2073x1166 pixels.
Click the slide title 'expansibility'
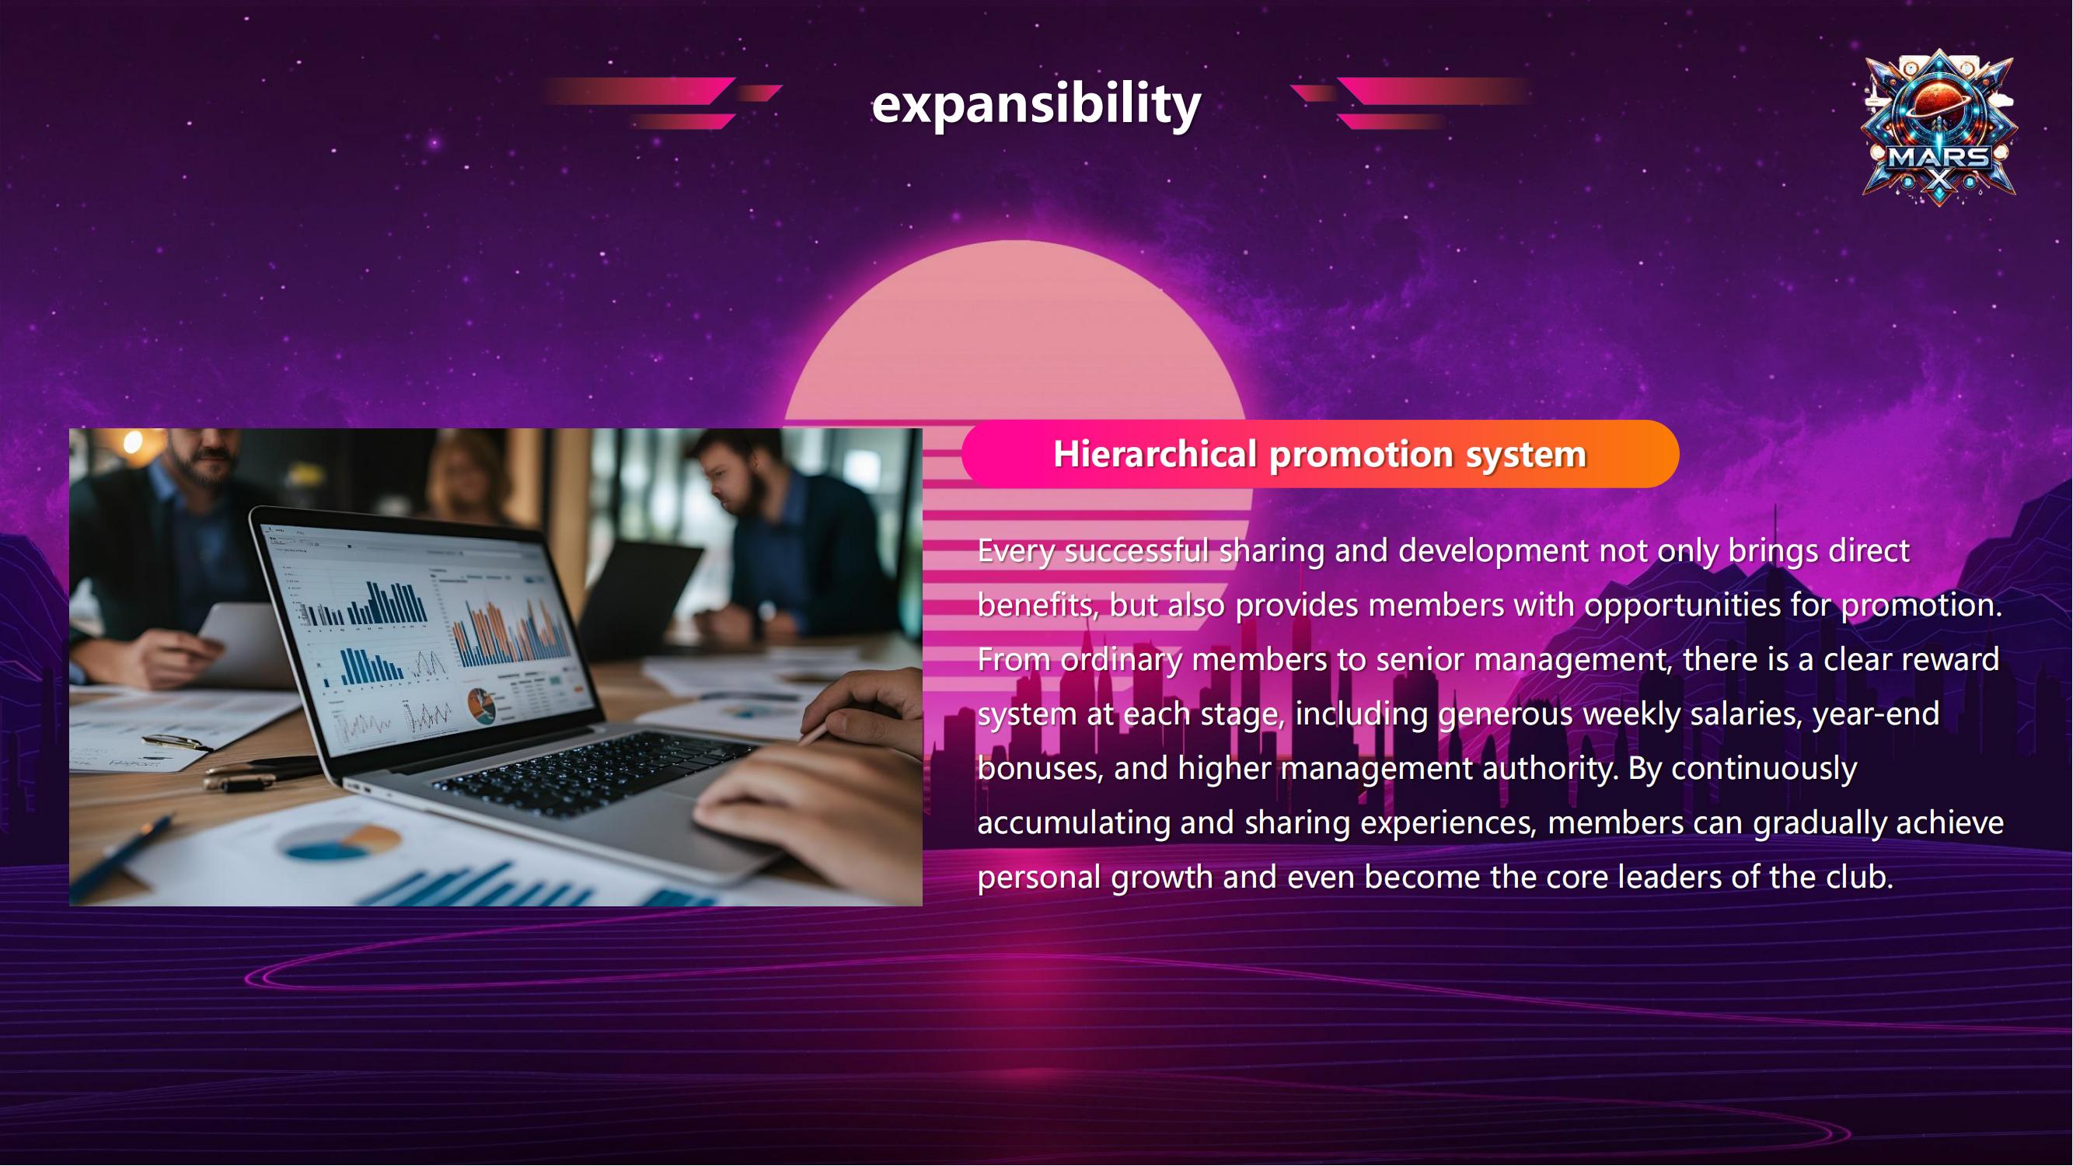pos(1037,105)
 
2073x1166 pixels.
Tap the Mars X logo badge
pos(1939,127)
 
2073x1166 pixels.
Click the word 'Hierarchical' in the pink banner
pos(1156,454)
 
